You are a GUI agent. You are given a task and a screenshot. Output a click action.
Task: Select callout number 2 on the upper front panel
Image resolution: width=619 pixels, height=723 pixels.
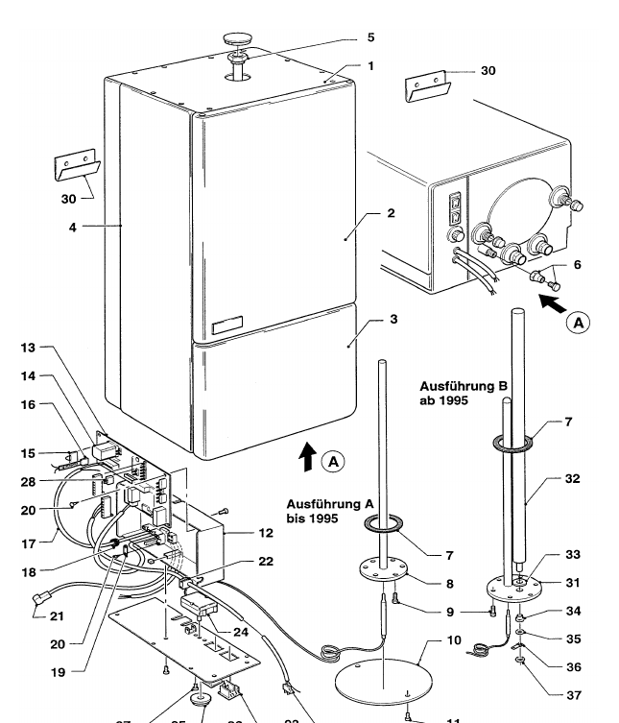(x=392, y=214)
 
